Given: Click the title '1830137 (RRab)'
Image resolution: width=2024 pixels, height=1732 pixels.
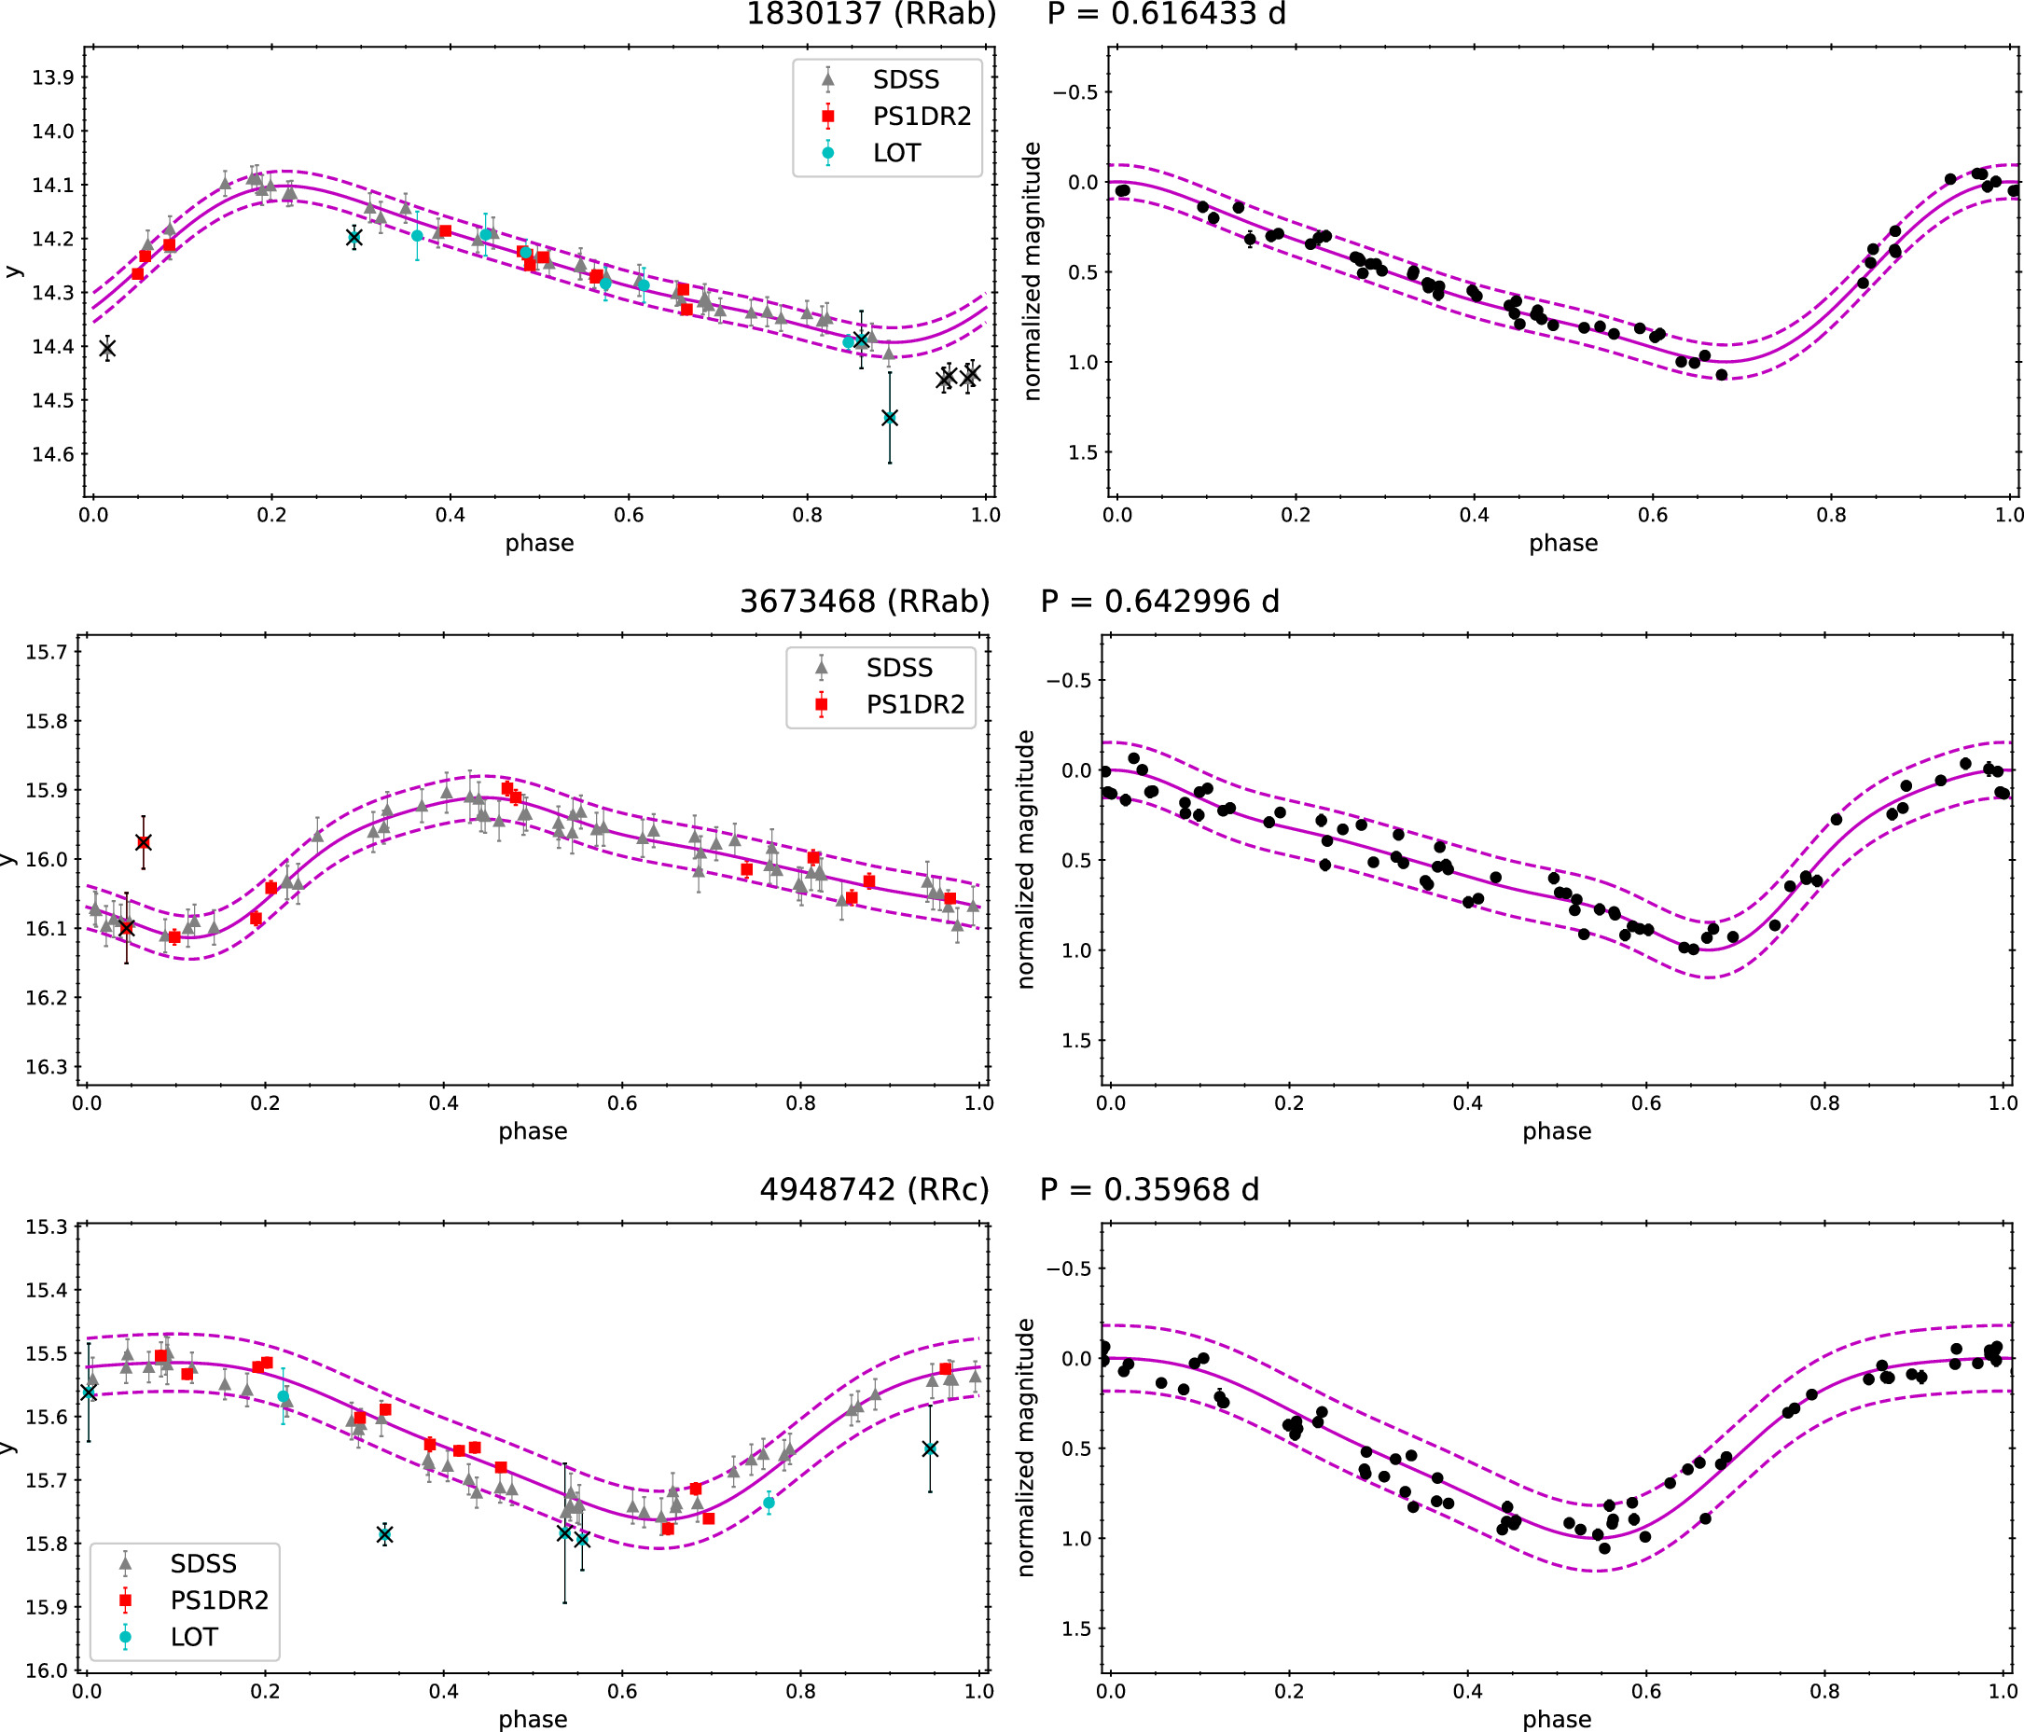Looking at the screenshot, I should tap(870, 15).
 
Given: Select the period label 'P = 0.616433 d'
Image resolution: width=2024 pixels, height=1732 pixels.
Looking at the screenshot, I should tap(1166, 15).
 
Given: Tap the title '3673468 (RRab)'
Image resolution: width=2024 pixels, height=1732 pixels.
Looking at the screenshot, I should tap(865, 602).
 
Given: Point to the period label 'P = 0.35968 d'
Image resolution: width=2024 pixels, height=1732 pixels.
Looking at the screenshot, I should tap(1150, 1190).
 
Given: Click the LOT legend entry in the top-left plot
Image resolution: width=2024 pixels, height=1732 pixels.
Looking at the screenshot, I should tap(895, 153).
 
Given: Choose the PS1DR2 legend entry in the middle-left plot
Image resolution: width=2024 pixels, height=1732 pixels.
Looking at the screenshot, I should tap(914, 704).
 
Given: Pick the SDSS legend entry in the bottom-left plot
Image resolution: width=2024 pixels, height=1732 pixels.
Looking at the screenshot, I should tap(203, 1564).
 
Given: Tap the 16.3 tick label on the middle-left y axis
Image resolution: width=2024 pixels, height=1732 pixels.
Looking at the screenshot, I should tap(46, 1067).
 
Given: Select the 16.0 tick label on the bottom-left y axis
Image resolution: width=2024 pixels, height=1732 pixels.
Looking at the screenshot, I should tap(46, 1670).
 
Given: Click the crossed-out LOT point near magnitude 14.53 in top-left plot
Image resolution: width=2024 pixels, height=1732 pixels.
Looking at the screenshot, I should tap(889, 418).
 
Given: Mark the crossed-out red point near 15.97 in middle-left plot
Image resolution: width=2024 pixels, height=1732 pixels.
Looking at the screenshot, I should tap(144, 842).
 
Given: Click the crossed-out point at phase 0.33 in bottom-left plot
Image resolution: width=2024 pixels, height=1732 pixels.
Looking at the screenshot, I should tap(385, 1534).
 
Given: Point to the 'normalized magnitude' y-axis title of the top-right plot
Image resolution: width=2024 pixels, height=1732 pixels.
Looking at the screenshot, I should tap(1033, 271).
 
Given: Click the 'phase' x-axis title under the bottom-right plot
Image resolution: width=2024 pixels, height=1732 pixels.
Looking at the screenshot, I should tap(1556, 1719).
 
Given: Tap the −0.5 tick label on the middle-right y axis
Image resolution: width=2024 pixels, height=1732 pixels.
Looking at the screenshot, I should tap(1069, 681).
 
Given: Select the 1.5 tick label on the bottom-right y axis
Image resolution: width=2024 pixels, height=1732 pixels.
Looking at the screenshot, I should tap(1075, 1628).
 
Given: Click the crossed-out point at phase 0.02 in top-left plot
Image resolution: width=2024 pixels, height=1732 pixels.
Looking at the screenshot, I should tap(107, 348).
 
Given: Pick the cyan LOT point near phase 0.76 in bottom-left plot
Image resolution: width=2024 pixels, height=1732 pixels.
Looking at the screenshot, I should tap(769, 1503).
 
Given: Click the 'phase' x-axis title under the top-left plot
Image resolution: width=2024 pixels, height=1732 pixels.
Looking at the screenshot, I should tap(539, 543).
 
